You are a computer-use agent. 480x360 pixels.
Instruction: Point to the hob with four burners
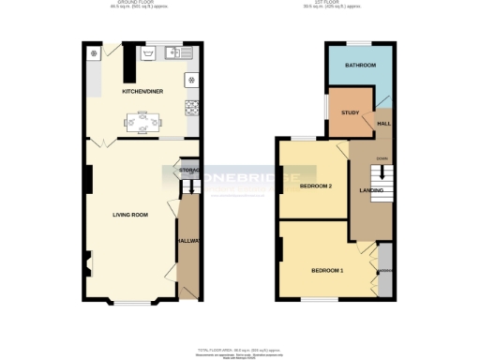(x=192, y=80)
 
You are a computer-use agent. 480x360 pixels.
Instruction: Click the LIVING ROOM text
(x=130, y=215)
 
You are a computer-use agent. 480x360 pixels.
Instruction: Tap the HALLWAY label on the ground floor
(x=187, y=241)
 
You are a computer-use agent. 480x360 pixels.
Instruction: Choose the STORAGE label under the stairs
(x=188, y=171)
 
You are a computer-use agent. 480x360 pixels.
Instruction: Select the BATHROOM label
(x=359, y=66)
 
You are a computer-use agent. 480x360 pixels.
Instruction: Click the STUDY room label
(x=350, y=112)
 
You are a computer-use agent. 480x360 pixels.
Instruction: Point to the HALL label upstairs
(x=384, y=122)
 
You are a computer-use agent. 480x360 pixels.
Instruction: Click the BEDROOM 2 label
(x=316, y=186)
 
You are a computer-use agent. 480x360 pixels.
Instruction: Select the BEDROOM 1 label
(x=327, y=271)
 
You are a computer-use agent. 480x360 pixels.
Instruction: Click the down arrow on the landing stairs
(x=382, y=172)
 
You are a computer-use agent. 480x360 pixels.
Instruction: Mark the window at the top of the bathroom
(x=359, y=42)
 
